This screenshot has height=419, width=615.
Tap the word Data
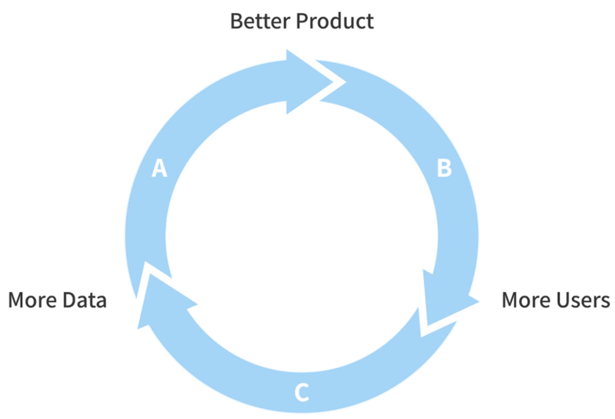(85, 300)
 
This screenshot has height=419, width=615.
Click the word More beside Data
(33, 300)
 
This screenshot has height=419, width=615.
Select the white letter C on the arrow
(302, 392)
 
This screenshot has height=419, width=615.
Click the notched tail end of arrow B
(328, 79)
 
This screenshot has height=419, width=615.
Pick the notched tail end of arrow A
(148, 281)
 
